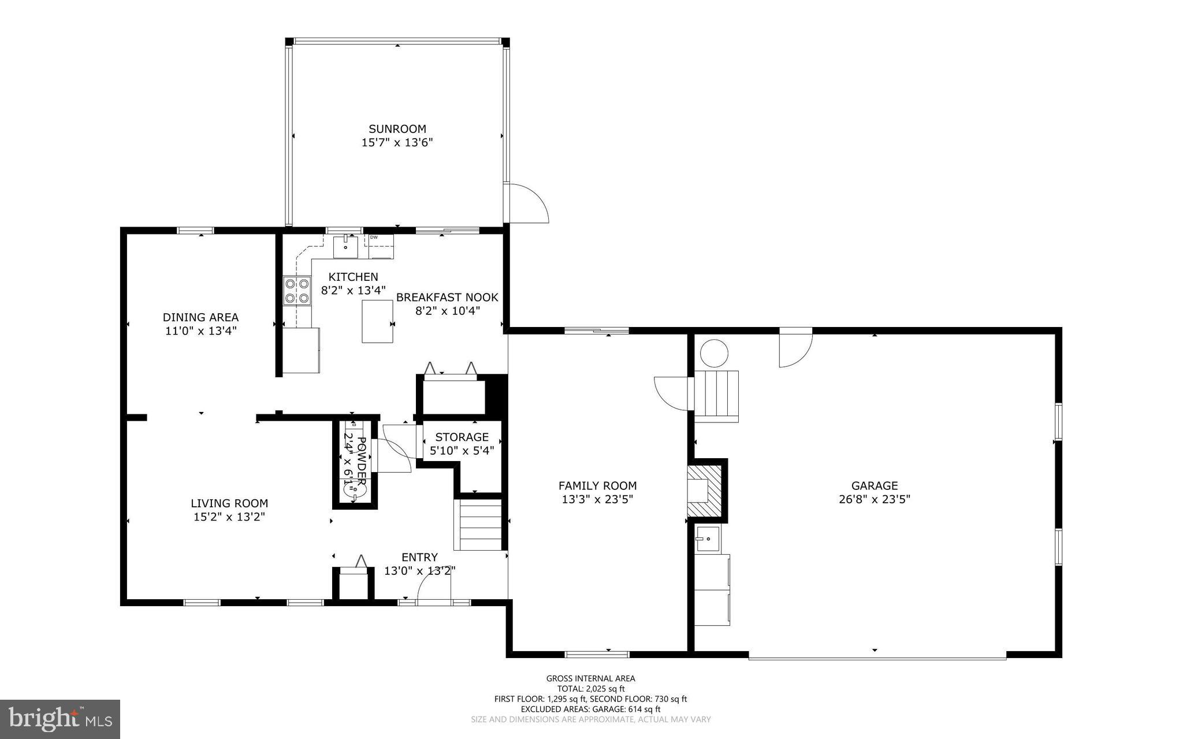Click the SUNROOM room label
tap(397, 129)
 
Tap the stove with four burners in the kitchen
tap(296, 291)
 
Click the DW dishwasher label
tap(374, 237)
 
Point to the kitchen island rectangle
tap(378, 321)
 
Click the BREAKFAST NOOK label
tap(447, 298)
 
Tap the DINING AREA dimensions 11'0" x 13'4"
tap(200, 331)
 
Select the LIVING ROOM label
tap(229, 503)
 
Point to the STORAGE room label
tap(462, 437)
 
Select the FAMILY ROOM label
tap(597, 486)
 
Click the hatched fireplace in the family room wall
tap(706, 490)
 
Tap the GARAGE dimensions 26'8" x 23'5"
tap(874, 500)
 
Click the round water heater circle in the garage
tap(714, 353)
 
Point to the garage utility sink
tap(707, 539)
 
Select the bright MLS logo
tap(60, 719)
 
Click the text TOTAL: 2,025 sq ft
tap(590, 689)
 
